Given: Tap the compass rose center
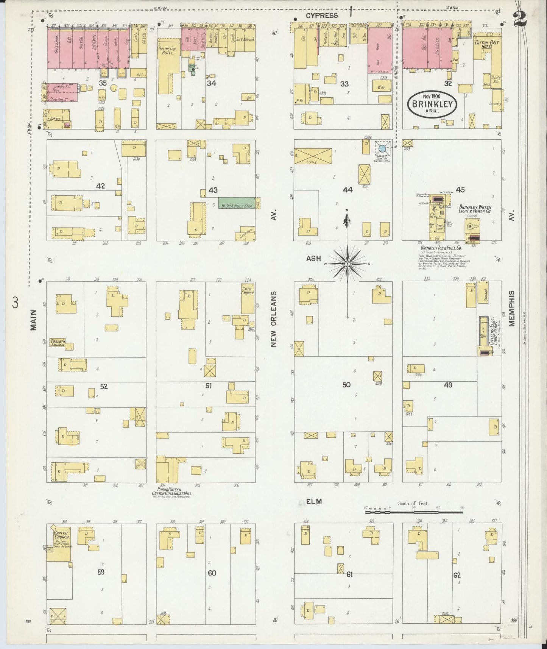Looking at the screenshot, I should pos(347,263).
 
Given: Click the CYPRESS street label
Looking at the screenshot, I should pos(321,16).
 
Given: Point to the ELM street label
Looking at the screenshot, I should pos(313,501).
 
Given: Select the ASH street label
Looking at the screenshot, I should pos(313,259).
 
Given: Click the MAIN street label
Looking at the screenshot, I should pos(34,320).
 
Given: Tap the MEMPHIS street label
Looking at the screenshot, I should pos(512,308).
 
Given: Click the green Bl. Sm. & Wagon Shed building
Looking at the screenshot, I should pos(236,202).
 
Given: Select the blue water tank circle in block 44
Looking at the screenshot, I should pos(383,148).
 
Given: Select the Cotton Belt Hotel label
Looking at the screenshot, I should pos(486,45).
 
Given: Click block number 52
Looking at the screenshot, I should pos(104,386).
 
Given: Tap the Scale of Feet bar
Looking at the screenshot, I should pos(414,512).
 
